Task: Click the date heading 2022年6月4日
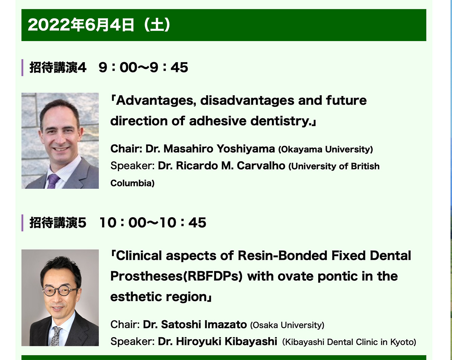point(81,25)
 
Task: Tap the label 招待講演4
point(58,68)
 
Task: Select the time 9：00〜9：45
point(144,68)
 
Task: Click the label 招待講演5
point(58,223)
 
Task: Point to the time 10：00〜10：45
point(153,223)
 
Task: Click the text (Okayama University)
point(325,149)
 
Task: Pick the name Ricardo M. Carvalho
point(231,166)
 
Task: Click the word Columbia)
point(133,183)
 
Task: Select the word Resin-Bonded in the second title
point(282,256)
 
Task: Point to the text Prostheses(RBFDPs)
point(176,276)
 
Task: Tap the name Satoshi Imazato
point(204,325)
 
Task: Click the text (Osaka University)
point(287,325)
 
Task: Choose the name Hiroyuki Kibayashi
point(226,342)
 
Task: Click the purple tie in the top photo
point(53,181)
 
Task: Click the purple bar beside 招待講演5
point(22,223)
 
